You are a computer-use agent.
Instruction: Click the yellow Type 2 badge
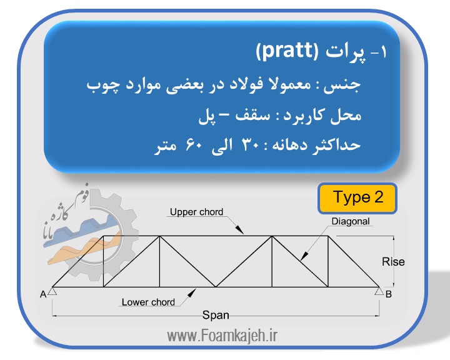(357, 198)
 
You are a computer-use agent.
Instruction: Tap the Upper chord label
(196, 212)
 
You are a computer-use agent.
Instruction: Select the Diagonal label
(351, 221)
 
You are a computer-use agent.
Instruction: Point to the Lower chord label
(148, 302)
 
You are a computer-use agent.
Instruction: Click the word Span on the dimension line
(216, 315)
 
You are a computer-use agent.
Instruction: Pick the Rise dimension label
(393, 262)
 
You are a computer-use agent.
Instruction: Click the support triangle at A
(52, 291)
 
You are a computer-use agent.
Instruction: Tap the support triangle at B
(379, 291)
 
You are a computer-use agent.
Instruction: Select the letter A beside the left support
(43, 294)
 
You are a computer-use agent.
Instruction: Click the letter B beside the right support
(389, 294)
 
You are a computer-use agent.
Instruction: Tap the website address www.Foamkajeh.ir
(222, 336)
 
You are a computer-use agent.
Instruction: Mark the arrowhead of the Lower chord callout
(192, 293)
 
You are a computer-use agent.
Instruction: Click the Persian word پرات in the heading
(345, 52)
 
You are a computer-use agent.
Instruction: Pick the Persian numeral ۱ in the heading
(383, 52)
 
